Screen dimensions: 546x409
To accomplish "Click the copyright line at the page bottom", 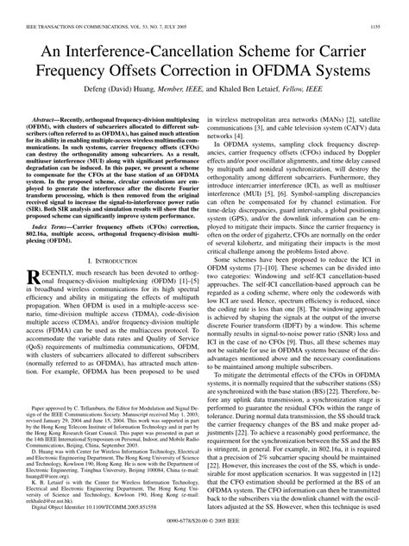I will click(318, 533).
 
